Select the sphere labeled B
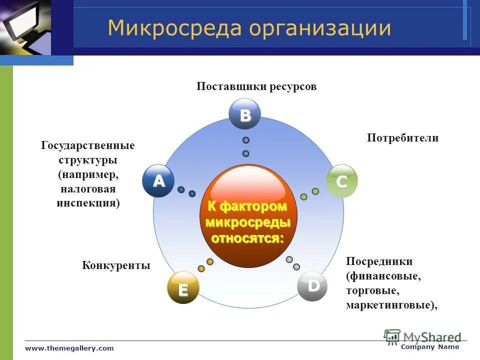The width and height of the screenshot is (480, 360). [x=245, y=114]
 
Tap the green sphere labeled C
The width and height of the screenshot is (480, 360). [x=342, y=181]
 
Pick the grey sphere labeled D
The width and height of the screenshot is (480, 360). [x=313, y=286]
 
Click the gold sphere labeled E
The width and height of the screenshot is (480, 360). [x=182, y=288]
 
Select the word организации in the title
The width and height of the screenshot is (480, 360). [x=320, y=28]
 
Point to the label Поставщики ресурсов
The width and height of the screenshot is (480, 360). [x=256, y=86]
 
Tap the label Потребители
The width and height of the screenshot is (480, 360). [x=402, y=138]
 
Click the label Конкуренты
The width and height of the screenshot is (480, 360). [x=116, y=265]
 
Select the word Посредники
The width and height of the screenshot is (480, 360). [x=379, y=261]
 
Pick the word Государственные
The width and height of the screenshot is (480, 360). [x=88, y=146]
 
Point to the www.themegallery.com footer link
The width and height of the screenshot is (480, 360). [x=69, y=348]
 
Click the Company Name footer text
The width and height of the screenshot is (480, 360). [x=429, y=346]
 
